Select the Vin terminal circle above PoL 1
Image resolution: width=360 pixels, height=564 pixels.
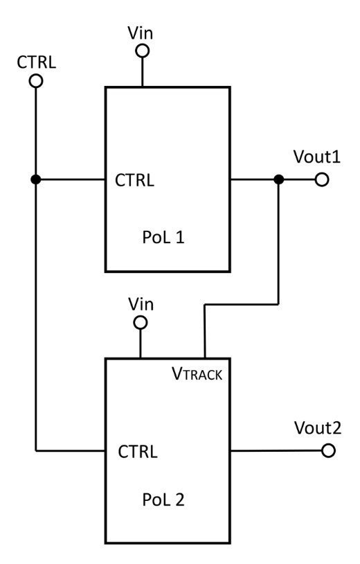tap(142, 51)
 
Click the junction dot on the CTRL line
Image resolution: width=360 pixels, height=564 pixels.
tap(35, 180)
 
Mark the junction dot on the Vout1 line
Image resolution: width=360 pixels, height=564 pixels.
tap(278, 180)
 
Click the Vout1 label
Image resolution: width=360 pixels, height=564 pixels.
tap(317, 157)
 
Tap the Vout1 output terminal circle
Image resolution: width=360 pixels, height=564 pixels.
tap(321, 180)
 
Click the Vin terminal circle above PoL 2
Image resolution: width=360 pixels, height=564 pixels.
tap(141, 323)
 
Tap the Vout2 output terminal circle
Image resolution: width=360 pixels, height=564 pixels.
tap(328, 451)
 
